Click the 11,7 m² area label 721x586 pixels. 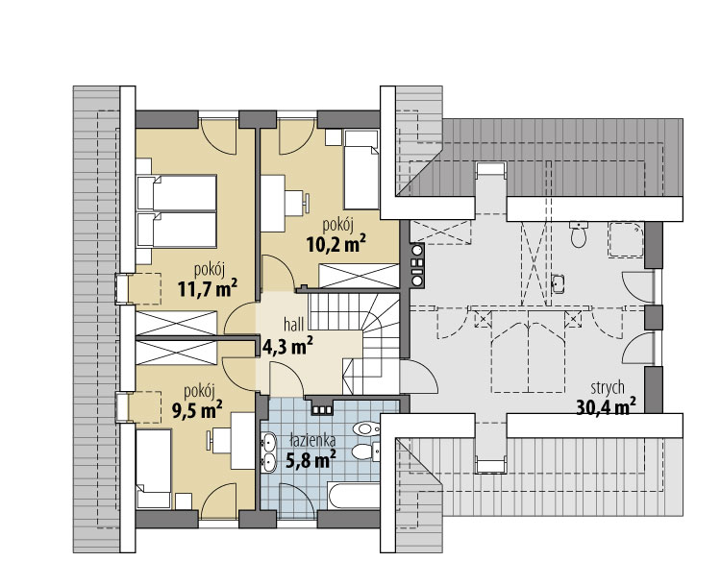(x=208, y=288)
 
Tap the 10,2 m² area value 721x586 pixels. (x=336, y=244)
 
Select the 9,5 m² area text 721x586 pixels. (x=197, y=409)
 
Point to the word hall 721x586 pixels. (x=293, y=325)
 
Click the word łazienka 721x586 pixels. (x=312, y=440)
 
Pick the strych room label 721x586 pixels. (x=608, y=388)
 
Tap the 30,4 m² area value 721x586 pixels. (x=606, y=406)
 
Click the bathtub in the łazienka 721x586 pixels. (x=354, y=496)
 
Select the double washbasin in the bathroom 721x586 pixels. (x=268, y=452)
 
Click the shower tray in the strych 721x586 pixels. (x=626, y=239)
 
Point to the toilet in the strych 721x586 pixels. (x=578, y=234)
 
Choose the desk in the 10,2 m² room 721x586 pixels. (x=273, y=203)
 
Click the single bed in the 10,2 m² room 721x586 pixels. (x=361, y=170)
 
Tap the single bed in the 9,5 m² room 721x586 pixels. (x=154, y=469)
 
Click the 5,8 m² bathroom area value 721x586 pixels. (x=311, y=459)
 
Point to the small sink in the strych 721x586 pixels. (x=558, y=283)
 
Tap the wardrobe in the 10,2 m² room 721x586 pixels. (x=360, y=276)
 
